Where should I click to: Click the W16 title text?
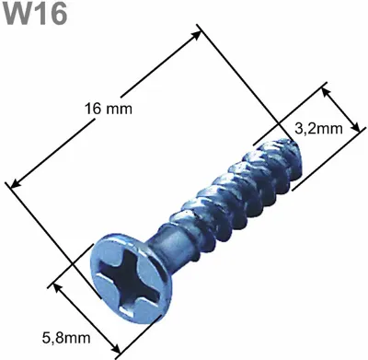[36, 14]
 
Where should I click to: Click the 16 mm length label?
[109, 109]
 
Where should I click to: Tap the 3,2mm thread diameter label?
[318, 129]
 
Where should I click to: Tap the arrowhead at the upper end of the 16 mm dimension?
[196, 35]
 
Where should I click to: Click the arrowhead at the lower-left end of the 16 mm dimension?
[16, 183]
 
